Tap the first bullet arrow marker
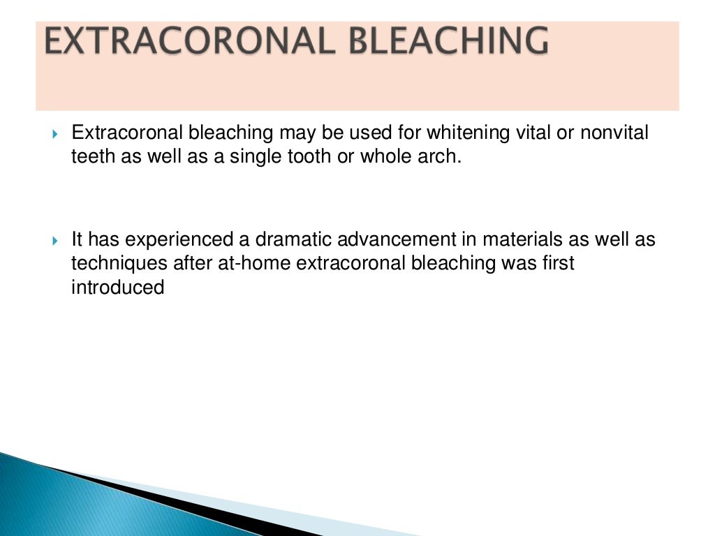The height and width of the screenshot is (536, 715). (57, 133)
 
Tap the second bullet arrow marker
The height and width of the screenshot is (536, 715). (57, 241)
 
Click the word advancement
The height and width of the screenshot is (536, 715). (394, 240)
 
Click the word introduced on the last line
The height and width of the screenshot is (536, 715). (117, 287)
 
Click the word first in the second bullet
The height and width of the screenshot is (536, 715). (559, 264)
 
